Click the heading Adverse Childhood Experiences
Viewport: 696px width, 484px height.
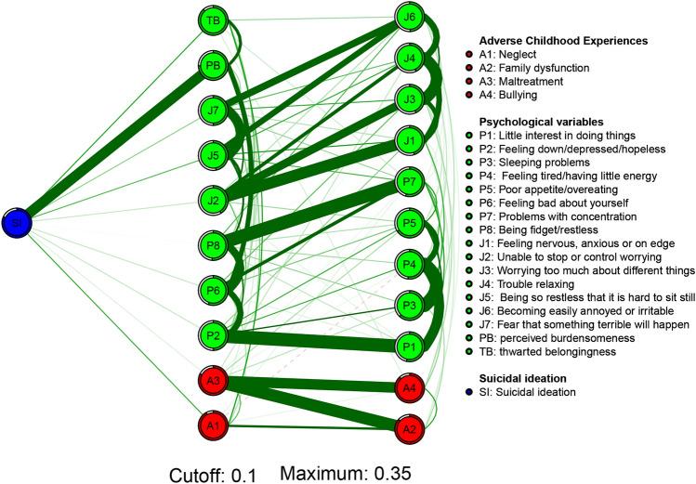[x=563, y=41]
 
